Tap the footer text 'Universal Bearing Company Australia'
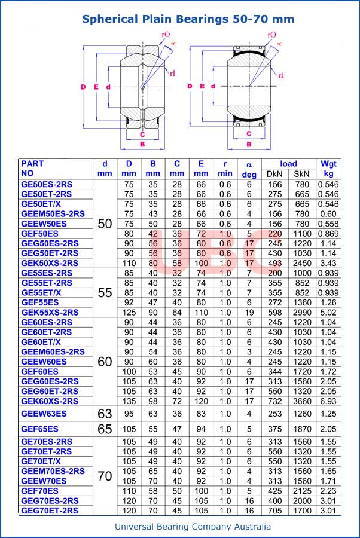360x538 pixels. tap(193, 526)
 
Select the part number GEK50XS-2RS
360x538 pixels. tap(50, 262)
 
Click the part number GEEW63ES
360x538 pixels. tap(44, 413)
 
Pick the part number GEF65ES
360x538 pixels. tap(39, 429)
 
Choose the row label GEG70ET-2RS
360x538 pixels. tap(50, 510)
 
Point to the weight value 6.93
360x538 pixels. tap(328, 401)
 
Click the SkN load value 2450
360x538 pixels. tap(301, 262)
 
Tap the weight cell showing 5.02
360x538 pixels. tap(328, 312)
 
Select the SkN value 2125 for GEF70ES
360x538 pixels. tap(301, 490)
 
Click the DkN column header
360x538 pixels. tap(274, 173)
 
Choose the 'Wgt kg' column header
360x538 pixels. tap(328, 168)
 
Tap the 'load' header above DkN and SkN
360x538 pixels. tap(288, 163)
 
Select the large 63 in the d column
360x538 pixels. tap(105, 413)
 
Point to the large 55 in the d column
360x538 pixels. tap(105, 292)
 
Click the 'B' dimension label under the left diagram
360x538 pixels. tap(142, 144)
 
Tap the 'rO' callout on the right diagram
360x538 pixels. tap(272, 35)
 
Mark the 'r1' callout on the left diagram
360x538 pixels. tap(172, 73)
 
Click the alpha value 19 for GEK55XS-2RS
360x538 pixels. tap(249, 312)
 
